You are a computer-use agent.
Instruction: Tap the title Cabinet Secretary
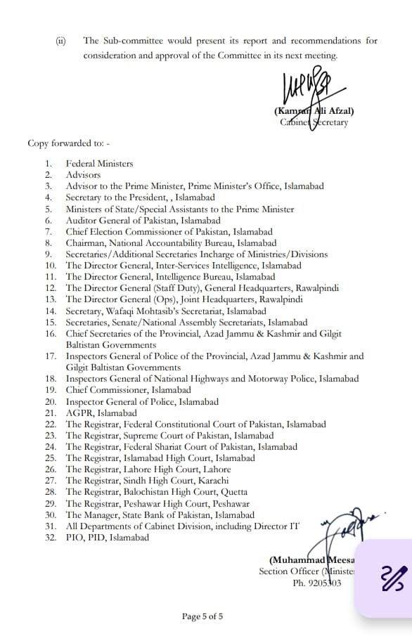[313, 122]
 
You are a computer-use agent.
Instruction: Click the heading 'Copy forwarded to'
[69, 143]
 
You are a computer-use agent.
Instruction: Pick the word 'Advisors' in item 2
[84, 175]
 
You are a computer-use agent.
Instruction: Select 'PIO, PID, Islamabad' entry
[108, 538]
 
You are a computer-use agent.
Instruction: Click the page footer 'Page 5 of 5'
[202, 617]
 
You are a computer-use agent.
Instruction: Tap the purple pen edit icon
[392, 578]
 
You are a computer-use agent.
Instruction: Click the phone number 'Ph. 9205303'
[318, 583]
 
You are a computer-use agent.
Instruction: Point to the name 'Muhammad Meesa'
[312, 560]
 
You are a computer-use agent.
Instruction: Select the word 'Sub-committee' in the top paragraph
[135, 41]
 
